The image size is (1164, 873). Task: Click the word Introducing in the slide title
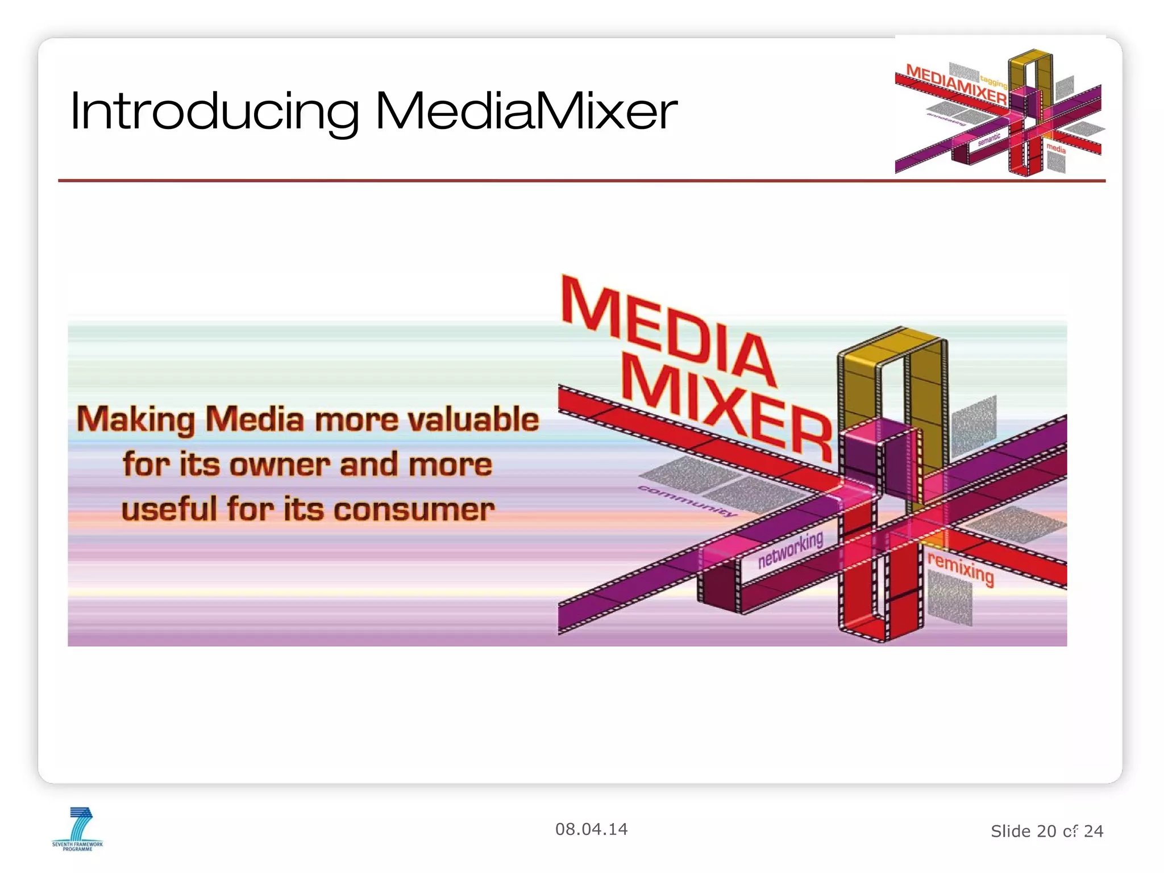click(214, 111)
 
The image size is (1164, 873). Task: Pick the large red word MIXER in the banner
click(727, 409)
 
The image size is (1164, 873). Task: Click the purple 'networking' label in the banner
click(791, 550)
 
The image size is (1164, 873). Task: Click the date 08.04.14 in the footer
click(591, 829)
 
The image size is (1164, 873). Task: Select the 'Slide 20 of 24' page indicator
click(1047, 831)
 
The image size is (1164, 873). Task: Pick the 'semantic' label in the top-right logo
click(989, 139)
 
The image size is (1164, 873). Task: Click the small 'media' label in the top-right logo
click(1056, 148)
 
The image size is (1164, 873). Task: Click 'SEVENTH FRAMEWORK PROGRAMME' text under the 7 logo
click(77, 846)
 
